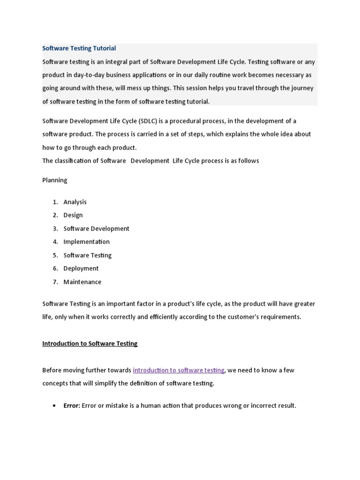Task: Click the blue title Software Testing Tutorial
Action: point(79,48)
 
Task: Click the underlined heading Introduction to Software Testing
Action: point(90,344)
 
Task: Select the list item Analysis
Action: point(75,202)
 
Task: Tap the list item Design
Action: point(73,215)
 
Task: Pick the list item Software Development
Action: point(96,229)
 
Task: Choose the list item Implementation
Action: point(86,242)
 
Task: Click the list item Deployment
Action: point(81,269)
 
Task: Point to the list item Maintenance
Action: point(82,282)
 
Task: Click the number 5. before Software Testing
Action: point(55,255)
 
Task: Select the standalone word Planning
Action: point(55,180)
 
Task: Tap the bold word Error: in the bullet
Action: point(72,406)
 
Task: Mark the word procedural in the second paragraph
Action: point(187,121)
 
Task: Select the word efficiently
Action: point(165,317)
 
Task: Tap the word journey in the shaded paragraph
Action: point(303,88)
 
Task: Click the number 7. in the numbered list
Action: point(55,282)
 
